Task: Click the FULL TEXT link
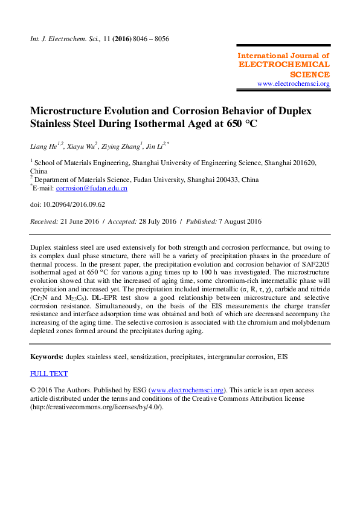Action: pyautogui.click(x=49, y=374)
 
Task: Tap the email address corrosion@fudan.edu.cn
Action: pyautogui.click(x=91, y=188)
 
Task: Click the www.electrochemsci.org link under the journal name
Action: pyautogui.click(x=294, y=83)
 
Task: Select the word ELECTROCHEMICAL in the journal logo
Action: pyautogui.click(x=284, y=64)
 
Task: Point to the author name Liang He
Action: pyautogui.click(x=45, y=146)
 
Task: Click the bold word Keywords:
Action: pyautogui.click(x=47, y=357)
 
